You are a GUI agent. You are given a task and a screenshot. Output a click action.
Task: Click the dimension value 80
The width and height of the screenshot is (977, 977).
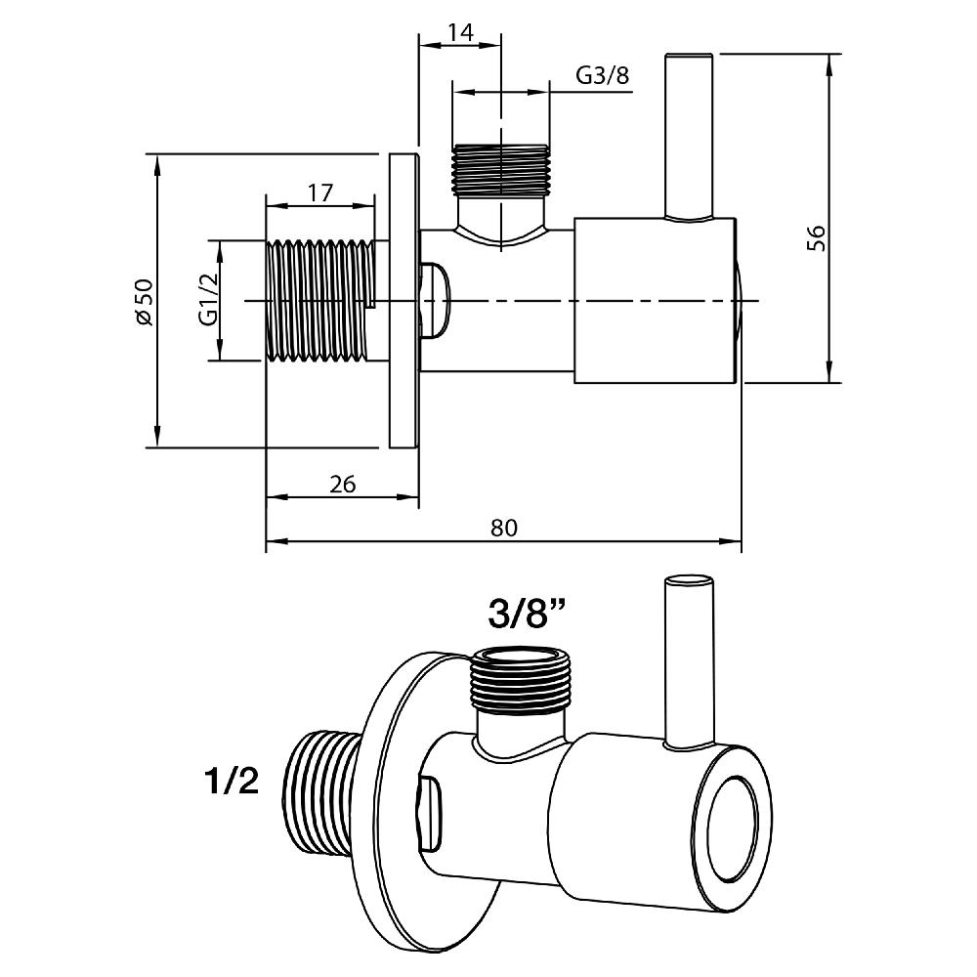tap(503, 528)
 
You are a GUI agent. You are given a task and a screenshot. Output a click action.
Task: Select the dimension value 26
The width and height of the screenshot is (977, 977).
tap(342, 484)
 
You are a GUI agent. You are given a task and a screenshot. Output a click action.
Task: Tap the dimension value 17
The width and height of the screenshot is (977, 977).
tap(319, 192)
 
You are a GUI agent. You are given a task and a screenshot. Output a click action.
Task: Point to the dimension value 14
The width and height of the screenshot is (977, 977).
tap(459, 32)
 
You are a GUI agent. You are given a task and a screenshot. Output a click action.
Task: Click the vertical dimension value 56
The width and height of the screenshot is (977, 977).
tap(817, 238)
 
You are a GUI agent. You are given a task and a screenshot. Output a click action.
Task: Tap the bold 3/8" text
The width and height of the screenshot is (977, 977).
tap(528, 615)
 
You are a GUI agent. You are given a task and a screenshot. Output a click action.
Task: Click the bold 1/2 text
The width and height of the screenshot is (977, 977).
tap(232, 781)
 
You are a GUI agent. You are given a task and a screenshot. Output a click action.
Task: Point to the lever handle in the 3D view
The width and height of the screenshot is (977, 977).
tap(689, 664)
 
